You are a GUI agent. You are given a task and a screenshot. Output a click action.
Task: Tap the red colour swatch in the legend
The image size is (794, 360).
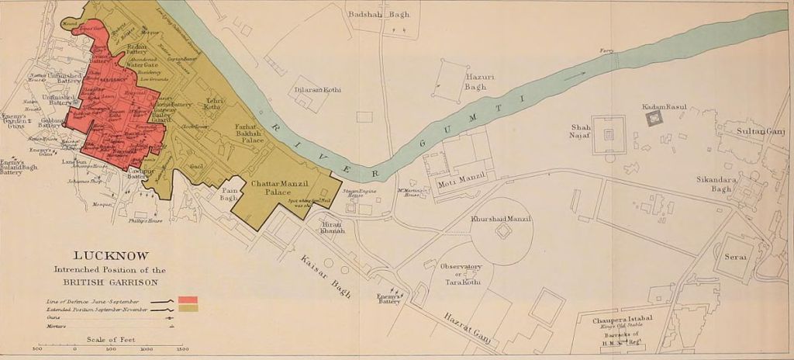point(188,299)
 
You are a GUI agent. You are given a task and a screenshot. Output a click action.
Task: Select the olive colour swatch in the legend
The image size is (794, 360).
point(188,308)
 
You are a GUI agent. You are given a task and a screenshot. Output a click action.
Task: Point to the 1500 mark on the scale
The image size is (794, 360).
point(183,349)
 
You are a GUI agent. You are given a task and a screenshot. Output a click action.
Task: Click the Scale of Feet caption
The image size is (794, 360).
point(112,339)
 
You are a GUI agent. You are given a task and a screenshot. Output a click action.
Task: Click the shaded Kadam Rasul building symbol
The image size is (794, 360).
point(655,118)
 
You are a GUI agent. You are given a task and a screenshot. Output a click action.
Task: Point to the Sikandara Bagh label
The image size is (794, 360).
point(714,184)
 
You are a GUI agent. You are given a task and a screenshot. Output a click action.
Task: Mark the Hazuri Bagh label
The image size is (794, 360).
point(475,81)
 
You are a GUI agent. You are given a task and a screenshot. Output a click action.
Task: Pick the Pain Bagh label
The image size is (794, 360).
point(228,193)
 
